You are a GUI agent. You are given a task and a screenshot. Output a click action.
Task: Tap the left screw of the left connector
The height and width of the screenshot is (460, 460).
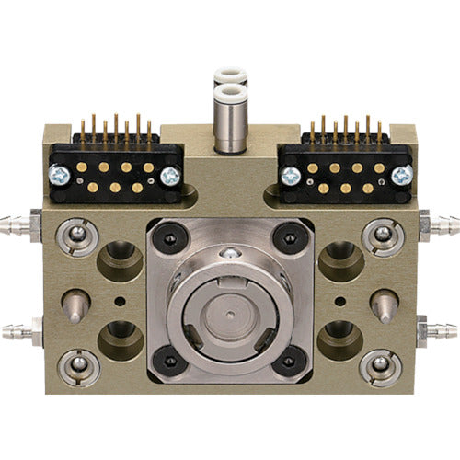58,174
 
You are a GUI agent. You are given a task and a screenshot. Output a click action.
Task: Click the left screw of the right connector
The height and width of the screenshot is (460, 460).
291,174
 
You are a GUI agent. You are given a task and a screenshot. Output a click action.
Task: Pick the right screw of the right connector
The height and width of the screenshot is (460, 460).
401,174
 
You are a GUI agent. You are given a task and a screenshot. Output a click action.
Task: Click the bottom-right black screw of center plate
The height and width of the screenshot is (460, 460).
288,360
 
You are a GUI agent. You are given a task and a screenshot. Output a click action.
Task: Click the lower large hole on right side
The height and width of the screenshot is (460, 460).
339,340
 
